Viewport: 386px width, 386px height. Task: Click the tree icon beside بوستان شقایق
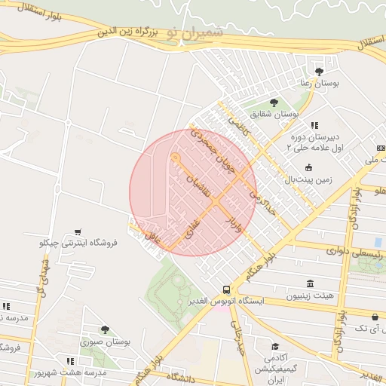[x=274, y=103]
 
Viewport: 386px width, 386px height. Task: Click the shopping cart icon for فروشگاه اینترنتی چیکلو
[x=78, y=232]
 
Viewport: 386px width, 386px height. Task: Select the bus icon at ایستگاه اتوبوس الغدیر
[x=226, y=289]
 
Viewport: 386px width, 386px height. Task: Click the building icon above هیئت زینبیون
[x=310, y=283]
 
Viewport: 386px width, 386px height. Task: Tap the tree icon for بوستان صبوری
[x=105, y=329]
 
